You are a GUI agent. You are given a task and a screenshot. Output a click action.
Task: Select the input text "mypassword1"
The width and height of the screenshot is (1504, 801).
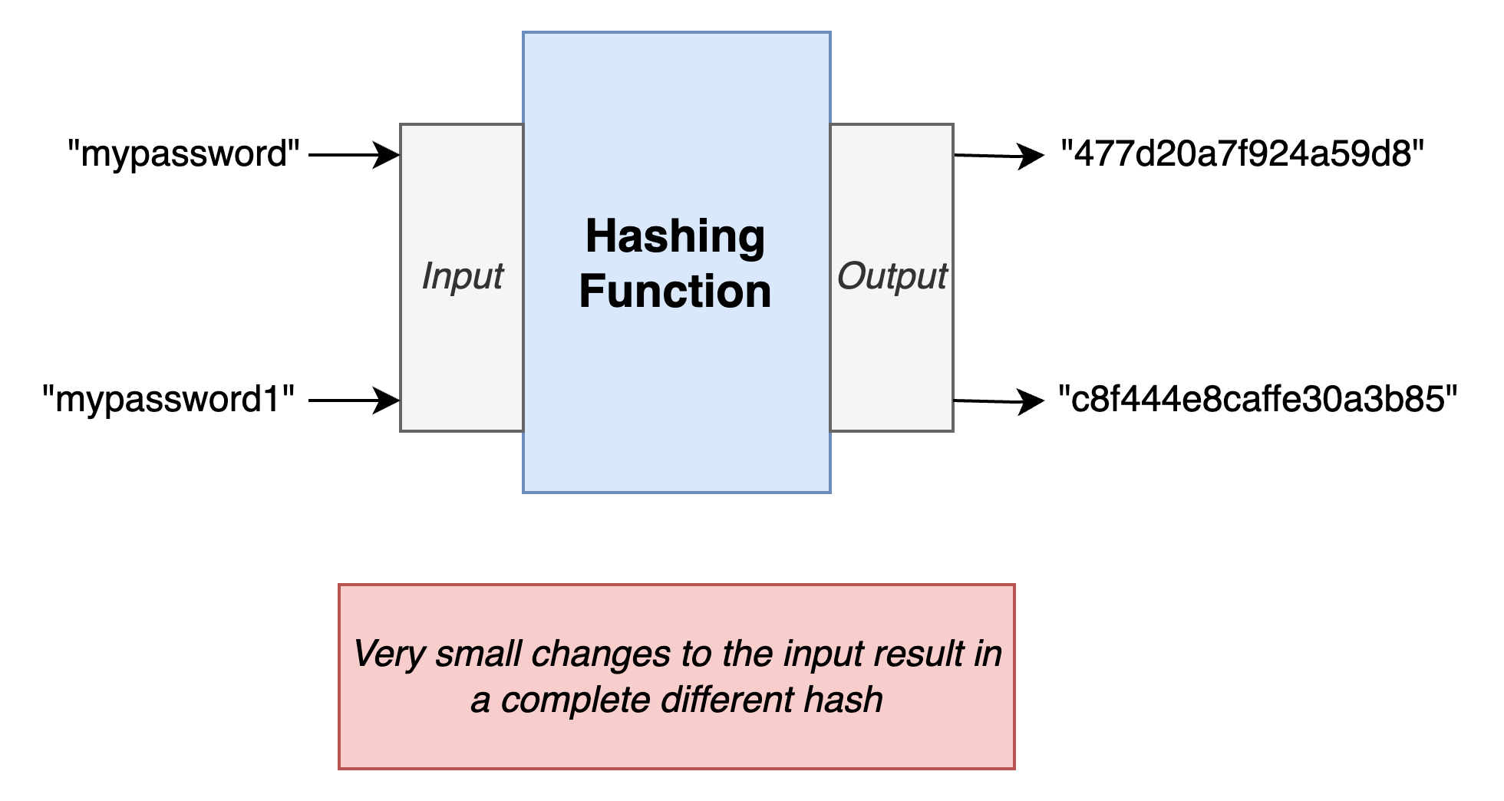(x=170, y=400)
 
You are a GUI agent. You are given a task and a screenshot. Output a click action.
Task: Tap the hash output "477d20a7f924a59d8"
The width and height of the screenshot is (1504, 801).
(x=1242, y=155)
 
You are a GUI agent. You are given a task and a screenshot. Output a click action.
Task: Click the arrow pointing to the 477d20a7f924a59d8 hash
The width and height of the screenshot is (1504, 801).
(x=999, y=156)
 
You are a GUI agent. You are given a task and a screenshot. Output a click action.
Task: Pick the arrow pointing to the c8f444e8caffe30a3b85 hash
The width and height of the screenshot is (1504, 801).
(x=999, y=400)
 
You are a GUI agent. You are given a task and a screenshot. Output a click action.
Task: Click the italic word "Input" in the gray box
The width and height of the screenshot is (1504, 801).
(x=462, y=276)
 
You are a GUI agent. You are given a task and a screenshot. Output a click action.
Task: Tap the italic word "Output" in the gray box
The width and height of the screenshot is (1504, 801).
(x=892, y=276)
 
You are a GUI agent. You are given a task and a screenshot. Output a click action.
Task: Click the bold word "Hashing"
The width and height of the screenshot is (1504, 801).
(x=675, y=237)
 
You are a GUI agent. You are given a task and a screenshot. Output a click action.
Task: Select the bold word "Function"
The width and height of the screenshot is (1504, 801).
(x=675, y=292)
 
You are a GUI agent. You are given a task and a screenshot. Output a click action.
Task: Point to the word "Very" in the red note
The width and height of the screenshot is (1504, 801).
(x=389, y=654)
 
